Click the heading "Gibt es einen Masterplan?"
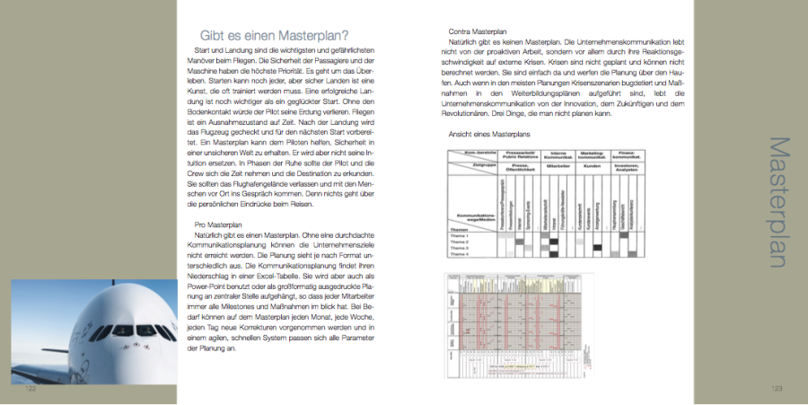point(275,35)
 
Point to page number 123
point(777,389)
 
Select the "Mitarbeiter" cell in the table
point(559,166)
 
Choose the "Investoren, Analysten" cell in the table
point(627,166)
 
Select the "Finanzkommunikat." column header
point(627,154)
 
